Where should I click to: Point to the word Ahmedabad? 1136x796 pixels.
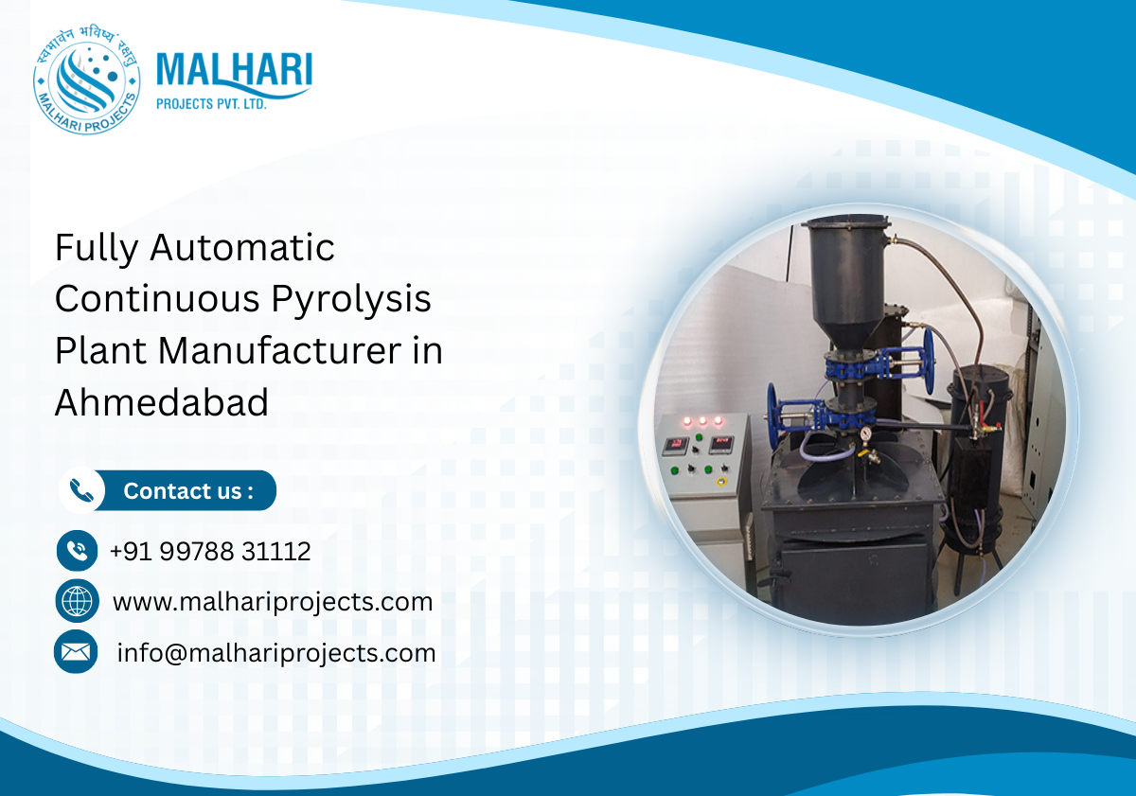point(162,402)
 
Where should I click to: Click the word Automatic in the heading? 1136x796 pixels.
point(243,248)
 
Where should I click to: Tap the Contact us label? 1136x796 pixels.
point(188,491)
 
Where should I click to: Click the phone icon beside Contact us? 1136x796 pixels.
point(81,491)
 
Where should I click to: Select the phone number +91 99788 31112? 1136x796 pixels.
point(210,551)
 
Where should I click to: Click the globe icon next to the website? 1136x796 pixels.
point(77,601)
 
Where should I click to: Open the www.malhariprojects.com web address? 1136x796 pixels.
point(273,602)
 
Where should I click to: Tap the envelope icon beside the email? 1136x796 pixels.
point(76,651)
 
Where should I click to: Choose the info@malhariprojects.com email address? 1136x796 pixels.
point(276,653)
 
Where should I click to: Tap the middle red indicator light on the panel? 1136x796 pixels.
point(701,419)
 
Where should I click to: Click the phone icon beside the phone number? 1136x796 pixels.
point(78,550)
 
